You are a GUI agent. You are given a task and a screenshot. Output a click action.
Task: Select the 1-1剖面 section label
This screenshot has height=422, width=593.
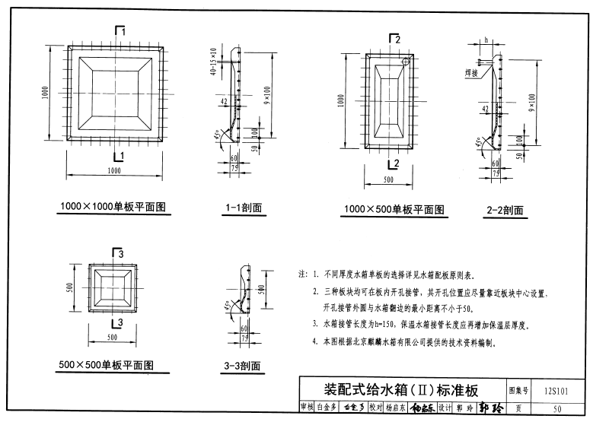pos(243,207)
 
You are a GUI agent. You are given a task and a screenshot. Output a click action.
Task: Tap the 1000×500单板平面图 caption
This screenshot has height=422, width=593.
pos(394,210)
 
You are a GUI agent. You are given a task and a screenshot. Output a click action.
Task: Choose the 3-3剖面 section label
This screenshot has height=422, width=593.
pos(243,367)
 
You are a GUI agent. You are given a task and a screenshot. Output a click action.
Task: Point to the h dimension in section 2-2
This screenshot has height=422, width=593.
pos(485,40)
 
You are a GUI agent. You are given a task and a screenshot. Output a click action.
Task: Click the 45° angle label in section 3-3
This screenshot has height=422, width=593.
pos(226,306)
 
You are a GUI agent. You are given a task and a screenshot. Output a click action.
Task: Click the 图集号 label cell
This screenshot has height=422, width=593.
pos(518,392)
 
